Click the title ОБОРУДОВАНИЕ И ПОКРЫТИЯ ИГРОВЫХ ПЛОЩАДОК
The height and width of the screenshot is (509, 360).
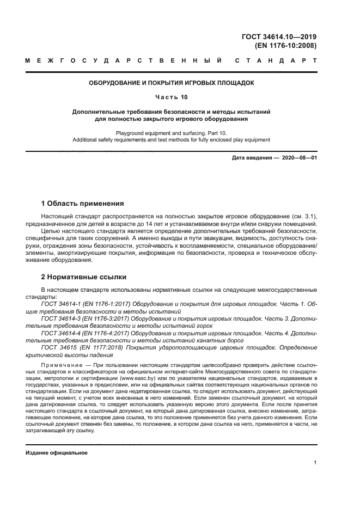(172, 83)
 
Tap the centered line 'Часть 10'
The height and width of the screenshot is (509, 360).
(172, 97)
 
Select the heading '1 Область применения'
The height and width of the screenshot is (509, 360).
(83, 204)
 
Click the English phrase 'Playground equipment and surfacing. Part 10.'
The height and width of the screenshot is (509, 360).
(172, 133)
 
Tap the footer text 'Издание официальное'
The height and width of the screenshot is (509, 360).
(57, 453)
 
